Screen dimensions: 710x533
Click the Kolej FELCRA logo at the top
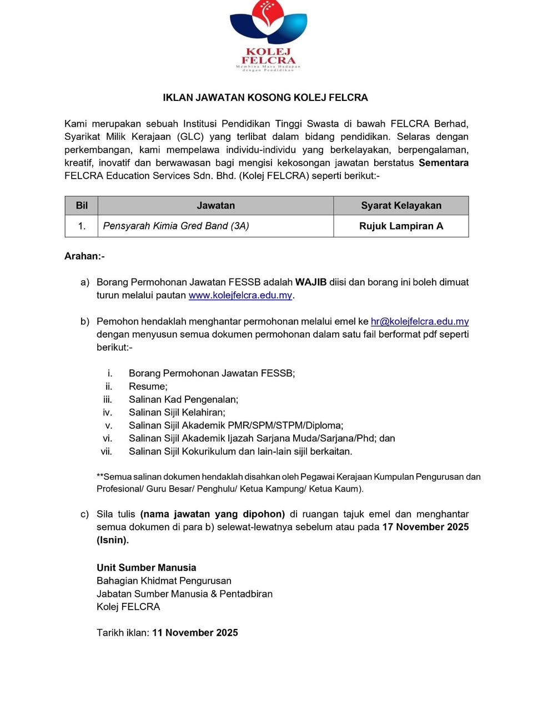click(x=268, y=36)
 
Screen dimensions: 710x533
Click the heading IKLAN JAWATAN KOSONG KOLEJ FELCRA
click(x=265, y=98)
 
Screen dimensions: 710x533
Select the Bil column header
click(x=82, y=206)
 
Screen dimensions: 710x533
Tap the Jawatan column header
click(x=215, y=206)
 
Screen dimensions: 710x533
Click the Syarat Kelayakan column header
click(x=401, y=206)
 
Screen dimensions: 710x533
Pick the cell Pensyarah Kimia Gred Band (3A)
click(x=176, y=226)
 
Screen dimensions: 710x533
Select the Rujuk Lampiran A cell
click(x=401, y=226)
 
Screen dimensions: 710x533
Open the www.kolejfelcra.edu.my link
click(x=240, y=295)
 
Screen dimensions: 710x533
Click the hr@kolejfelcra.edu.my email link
click(x=420, y=321)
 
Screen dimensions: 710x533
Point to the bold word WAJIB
click(x=311, y=282)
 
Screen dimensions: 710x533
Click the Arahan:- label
click(x=84, y=256)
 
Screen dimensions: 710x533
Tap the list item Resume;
click(x=148, y=387)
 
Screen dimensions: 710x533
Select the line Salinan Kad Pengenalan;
click(x=183, y=399)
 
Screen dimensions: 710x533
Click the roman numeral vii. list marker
click(x=107, y=452)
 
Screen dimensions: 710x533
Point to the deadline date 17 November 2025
click(x=425, y=527)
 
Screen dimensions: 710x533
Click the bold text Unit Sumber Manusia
click(x=147, y=567)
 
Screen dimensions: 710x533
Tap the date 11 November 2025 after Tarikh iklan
click(x=195, y=633)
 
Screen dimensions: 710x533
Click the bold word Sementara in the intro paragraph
click(x=444, y=163)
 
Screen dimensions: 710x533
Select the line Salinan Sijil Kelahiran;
click(x=177, y=412)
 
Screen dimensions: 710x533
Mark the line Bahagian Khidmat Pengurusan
click(x=164, y=581)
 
